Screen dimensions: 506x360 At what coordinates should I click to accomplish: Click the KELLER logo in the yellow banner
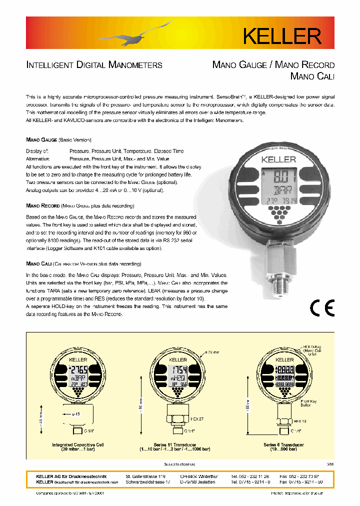pos(281,35)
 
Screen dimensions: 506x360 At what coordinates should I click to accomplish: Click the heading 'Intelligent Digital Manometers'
pos(94,65)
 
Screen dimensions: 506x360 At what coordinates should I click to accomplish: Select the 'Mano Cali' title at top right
pos(312,76)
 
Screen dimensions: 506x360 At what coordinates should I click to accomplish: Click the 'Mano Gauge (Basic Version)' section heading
pos(58,140)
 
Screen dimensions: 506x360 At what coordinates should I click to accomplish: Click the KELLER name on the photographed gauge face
pos(278,159)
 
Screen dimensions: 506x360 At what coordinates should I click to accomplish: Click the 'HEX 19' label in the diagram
pos(300,421)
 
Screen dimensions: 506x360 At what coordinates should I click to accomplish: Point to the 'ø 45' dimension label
pos(76,413)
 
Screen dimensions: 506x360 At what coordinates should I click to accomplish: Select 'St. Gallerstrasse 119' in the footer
pos(145,476)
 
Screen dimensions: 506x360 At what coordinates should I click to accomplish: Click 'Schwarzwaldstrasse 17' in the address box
pos(148,482)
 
